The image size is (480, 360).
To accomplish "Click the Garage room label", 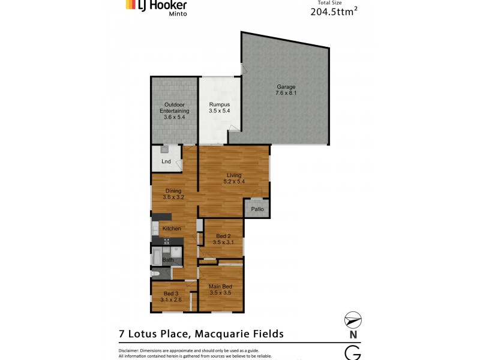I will point(286,86).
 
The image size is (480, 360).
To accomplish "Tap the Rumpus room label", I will point(219,104).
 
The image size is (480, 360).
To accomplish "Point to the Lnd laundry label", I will point(166,161).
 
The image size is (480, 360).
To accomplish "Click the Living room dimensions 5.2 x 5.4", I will point(233,181).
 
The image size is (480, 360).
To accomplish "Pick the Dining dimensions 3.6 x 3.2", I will point(173,197).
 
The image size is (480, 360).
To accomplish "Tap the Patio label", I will point(257,209).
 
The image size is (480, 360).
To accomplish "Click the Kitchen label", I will point(172,229).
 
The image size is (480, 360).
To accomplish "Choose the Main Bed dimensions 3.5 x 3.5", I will point(220,293).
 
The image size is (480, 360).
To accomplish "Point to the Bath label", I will point(168,260).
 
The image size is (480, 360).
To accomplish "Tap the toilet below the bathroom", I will point(156,273).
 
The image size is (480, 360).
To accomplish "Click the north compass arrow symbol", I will point(353,320).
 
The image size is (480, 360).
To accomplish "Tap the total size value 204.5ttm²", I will point(335,11).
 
